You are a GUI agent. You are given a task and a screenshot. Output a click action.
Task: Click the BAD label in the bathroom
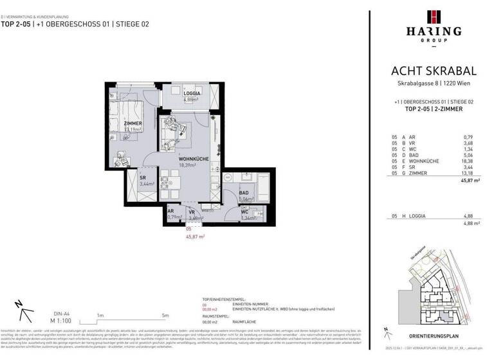coord(244,192)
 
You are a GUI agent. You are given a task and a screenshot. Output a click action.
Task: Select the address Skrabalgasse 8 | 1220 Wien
coord(433,85)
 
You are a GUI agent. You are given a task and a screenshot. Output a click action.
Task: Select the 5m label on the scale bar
coord(165,315)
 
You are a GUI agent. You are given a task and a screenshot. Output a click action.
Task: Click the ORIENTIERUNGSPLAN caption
coord(433,336)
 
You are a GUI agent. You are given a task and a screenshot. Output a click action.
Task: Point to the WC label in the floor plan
coord(244,211)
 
